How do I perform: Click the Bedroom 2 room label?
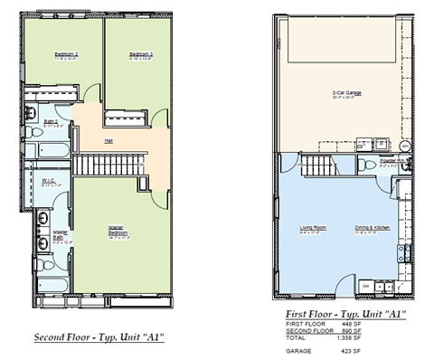(64, 55)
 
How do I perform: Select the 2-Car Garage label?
(346, 93)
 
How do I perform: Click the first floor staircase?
(321, 166)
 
